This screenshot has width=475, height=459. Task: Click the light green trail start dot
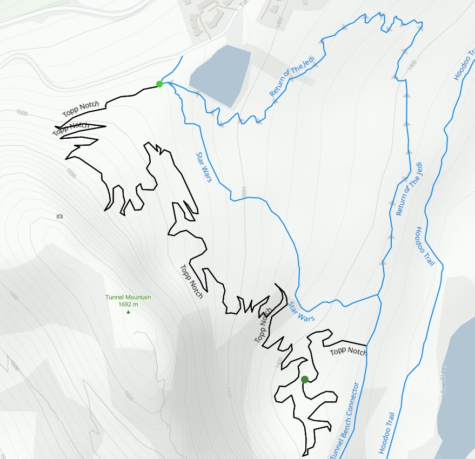click(x=159, y=84)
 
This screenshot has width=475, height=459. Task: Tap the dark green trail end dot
click(x=305, y=379)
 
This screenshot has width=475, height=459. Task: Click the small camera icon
click(x=59, y=217)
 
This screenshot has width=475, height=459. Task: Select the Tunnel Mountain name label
click(x=128, y=297)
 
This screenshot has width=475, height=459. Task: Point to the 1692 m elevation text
click(x=128, y=305)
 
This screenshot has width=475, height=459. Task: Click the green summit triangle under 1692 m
click(x=128, y=312)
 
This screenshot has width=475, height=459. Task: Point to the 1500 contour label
click(x=22, y=113)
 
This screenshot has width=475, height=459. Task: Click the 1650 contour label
click(x=128, y=396)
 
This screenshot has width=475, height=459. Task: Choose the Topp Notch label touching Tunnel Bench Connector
click(x=348, y=351)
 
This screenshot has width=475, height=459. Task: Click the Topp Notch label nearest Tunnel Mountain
click(x=191, y=281)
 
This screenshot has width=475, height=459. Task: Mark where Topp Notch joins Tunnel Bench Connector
click(x=367, y=345)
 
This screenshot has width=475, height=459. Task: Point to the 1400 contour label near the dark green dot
click(x=279, y=363)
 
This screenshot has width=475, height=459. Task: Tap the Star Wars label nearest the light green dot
click(x=203, y=167)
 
